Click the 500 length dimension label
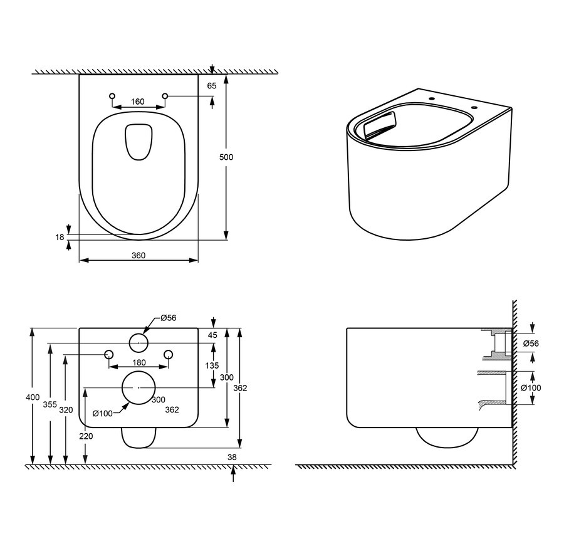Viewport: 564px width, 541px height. pos(226,157)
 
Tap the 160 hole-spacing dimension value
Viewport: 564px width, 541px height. pos(138,102)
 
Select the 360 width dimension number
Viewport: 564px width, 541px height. pos(138,255)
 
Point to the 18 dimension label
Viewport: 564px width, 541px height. pos(60,237)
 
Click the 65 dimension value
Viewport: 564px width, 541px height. pos(212,86)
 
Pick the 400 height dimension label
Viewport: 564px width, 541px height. pos(33,397)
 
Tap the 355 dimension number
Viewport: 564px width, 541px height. pos(50,404)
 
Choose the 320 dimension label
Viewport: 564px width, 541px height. pos(66,410)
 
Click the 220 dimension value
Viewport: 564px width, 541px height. pos(86,436)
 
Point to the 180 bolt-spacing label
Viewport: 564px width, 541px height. pos(139,362)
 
